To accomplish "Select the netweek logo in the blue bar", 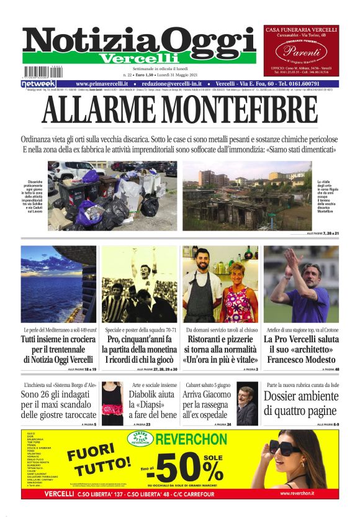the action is pyautogui.click(x=38, y=84).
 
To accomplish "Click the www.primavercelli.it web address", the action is pyautogui.click(x=102, y=84).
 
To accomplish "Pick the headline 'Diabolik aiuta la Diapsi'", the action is pyautogui.click(x=153, y=404).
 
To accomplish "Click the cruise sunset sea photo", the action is pyautogui.click(x=58, y=284).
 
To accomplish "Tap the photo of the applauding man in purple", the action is pyautogui.click(x=301, y=284).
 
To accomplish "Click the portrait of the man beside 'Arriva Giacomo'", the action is pyautogui.click(x=246, y=404).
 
